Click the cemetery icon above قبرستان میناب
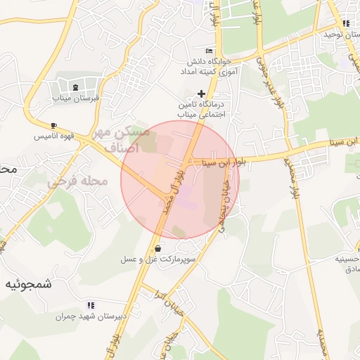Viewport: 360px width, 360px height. pos(75,87)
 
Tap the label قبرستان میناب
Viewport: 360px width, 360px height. pos(77,98)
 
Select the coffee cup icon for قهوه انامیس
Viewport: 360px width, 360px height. pos(53,125)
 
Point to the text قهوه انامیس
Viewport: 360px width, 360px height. pos(53,136)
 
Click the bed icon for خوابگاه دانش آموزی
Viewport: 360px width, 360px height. pos(208,51)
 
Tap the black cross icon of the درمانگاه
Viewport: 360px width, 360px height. pos(202,93)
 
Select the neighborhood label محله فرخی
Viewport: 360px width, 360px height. pos(77,181)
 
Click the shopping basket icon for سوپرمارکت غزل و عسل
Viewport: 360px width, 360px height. pos(157,248)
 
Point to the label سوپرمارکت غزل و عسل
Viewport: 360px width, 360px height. pos(157,259)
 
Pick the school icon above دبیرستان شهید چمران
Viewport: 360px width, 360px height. pos(91,305)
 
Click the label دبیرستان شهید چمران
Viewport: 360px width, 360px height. pos(91,316)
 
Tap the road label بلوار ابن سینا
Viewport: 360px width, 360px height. pos(224,162)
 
